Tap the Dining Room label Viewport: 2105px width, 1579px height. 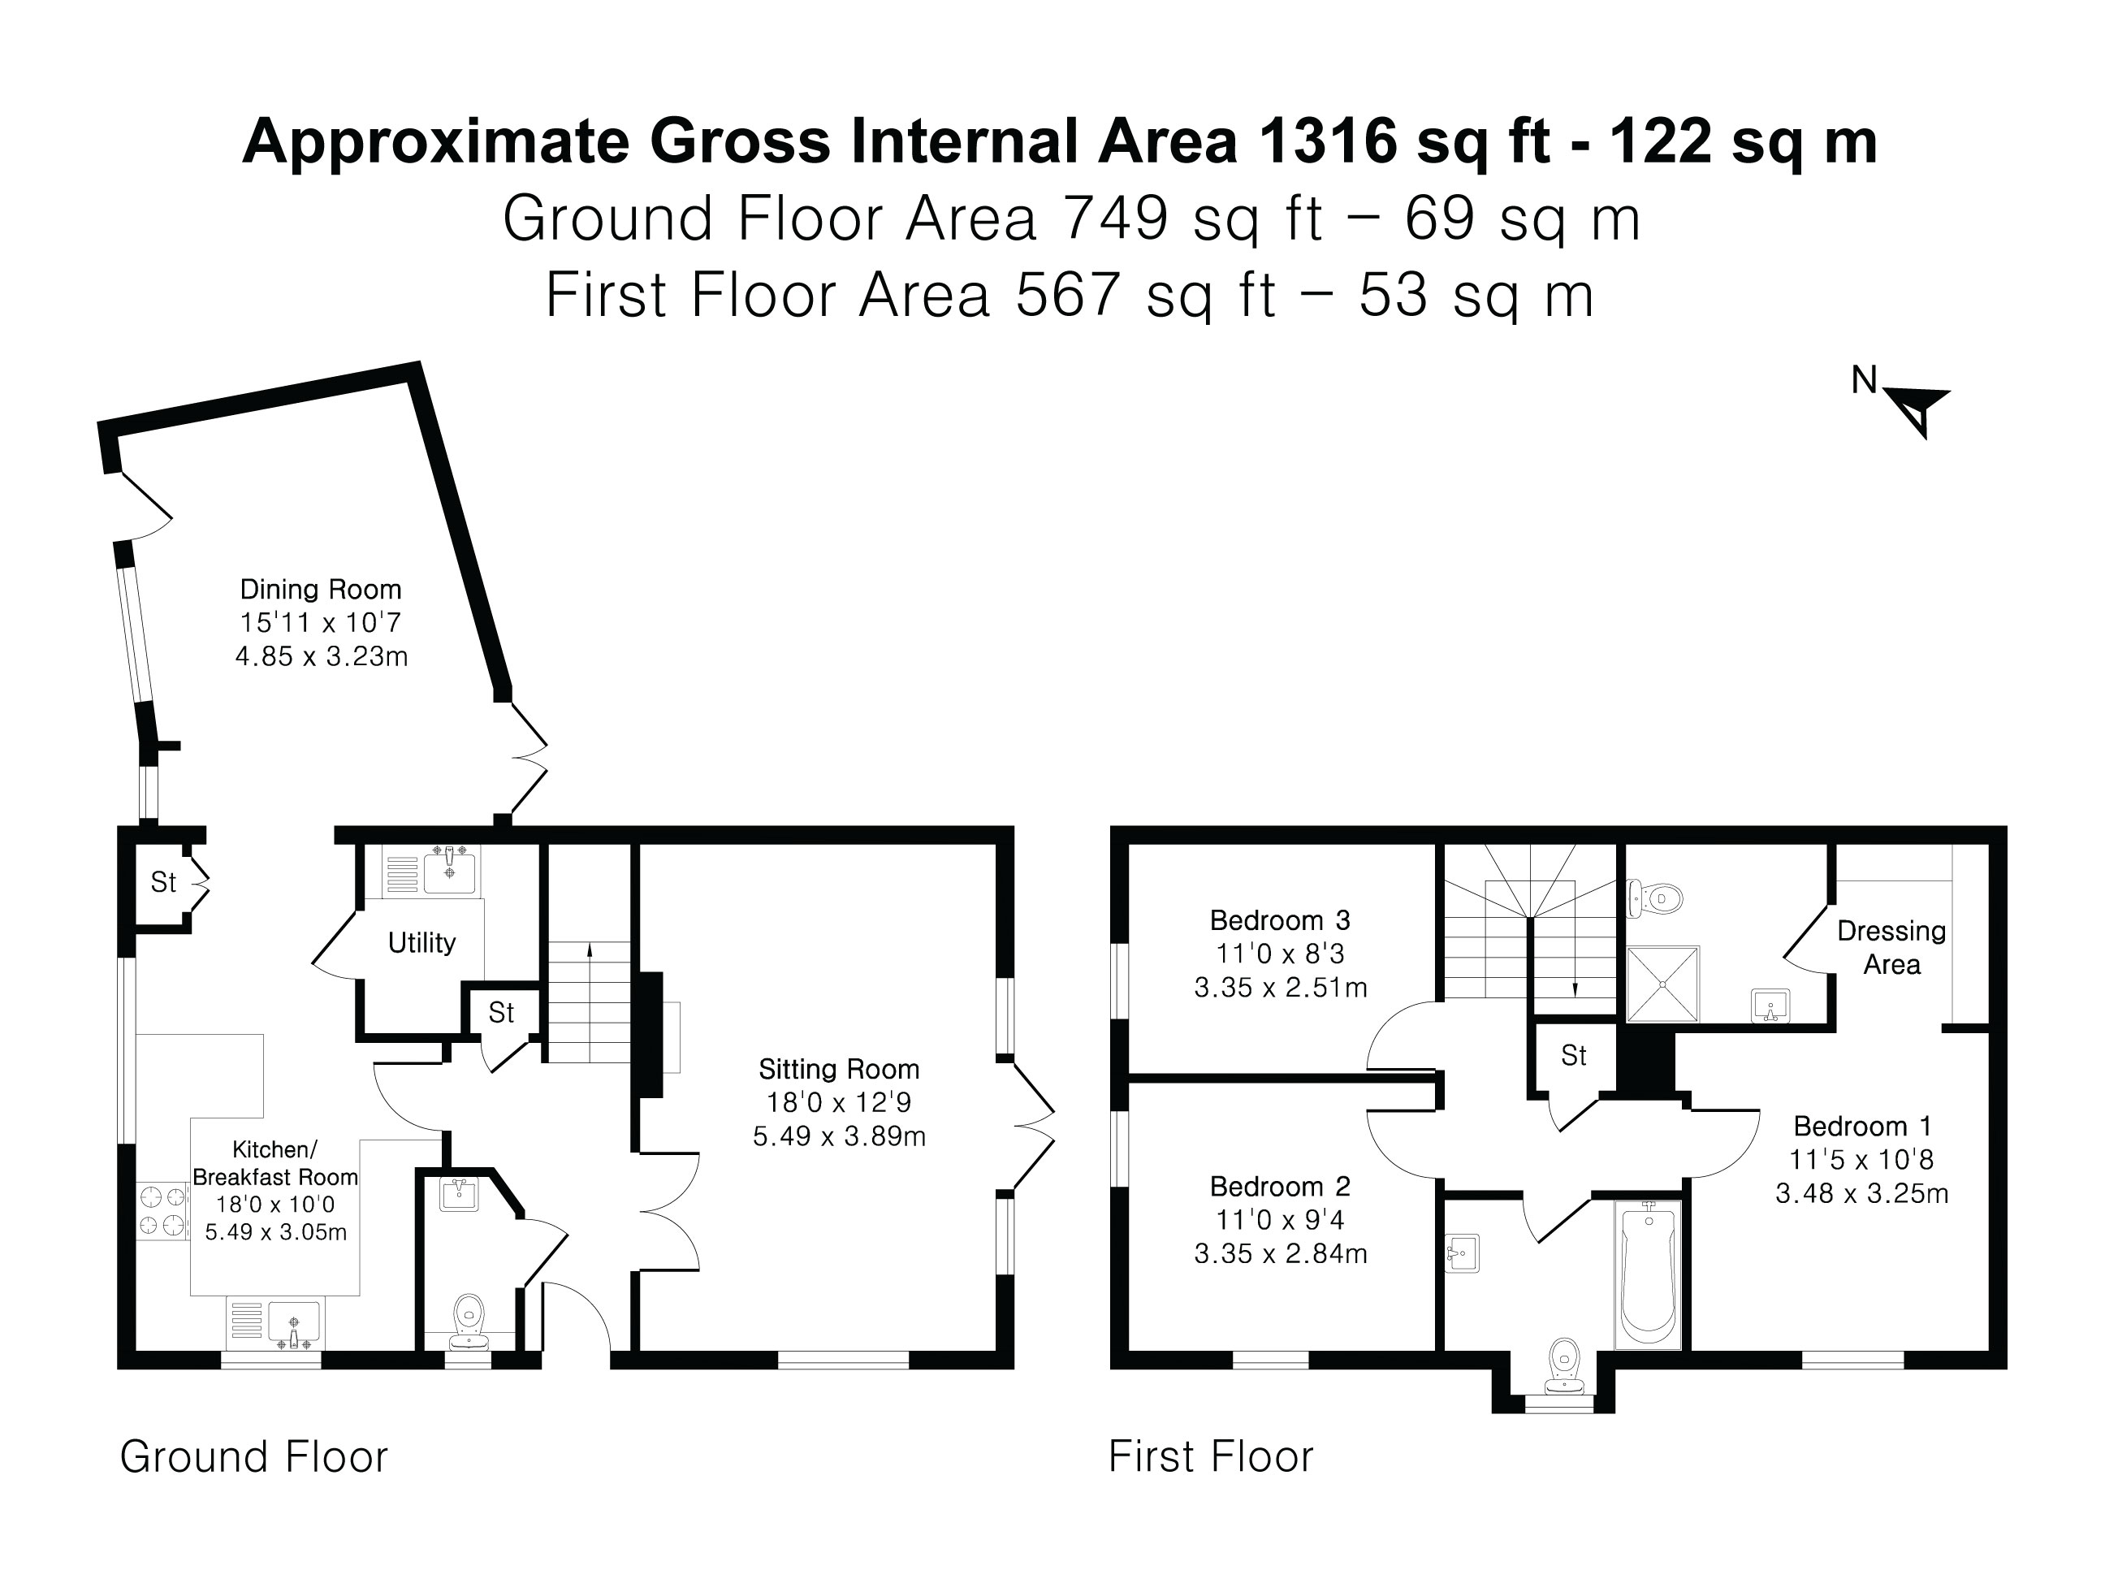click(x=321, y=589)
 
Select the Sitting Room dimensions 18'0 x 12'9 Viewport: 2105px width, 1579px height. click(x=838, y=1102)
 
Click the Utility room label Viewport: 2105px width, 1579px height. click(x=421, y=942)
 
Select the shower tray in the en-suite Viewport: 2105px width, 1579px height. click(x=1662, y=983)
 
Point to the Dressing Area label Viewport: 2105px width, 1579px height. click(x=1891, y=947)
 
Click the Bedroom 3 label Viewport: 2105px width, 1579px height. click(x=1279, y=920)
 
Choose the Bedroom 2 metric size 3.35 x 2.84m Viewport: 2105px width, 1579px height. click(x=1280, y=1253)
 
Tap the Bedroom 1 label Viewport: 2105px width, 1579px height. click(x=1862, y=1126)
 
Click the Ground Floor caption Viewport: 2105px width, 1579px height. click(x=254, y=1457)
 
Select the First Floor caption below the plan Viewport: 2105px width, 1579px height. click(x=1211, y=1457)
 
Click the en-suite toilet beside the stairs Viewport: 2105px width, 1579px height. click(x=1657, y=897)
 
